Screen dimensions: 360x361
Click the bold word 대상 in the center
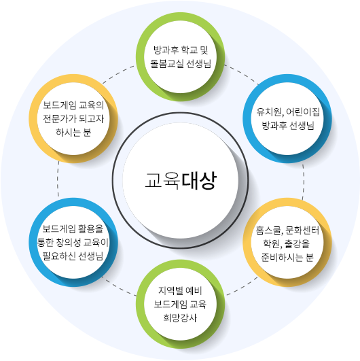[199, 181]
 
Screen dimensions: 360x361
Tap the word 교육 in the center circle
[162, 181]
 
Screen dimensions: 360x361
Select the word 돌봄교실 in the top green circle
[167, 63]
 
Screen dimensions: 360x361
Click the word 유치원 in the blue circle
[270, 112]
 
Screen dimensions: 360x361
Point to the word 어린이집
[303, 112]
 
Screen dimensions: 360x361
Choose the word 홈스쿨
[268, 230]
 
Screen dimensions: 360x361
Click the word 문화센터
[302, 230]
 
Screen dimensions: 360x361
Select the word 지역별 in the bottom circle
[167, 291]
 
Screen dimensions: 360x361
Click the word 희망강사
[180, 317]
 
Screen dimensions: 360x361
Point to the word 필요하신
[59, 256]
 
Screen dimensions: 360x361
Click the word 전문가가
[60, 119]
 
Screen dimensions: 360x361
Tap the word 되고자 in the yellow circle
[92, 119]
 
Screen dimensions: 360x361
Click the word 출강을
[298, 244]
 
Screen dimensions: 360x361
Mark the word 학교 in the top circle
[190, 50]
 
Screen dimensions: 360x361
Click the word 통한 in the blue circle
[46, 243]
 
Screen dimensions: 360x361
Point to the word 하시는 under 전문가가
[69, 133]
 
